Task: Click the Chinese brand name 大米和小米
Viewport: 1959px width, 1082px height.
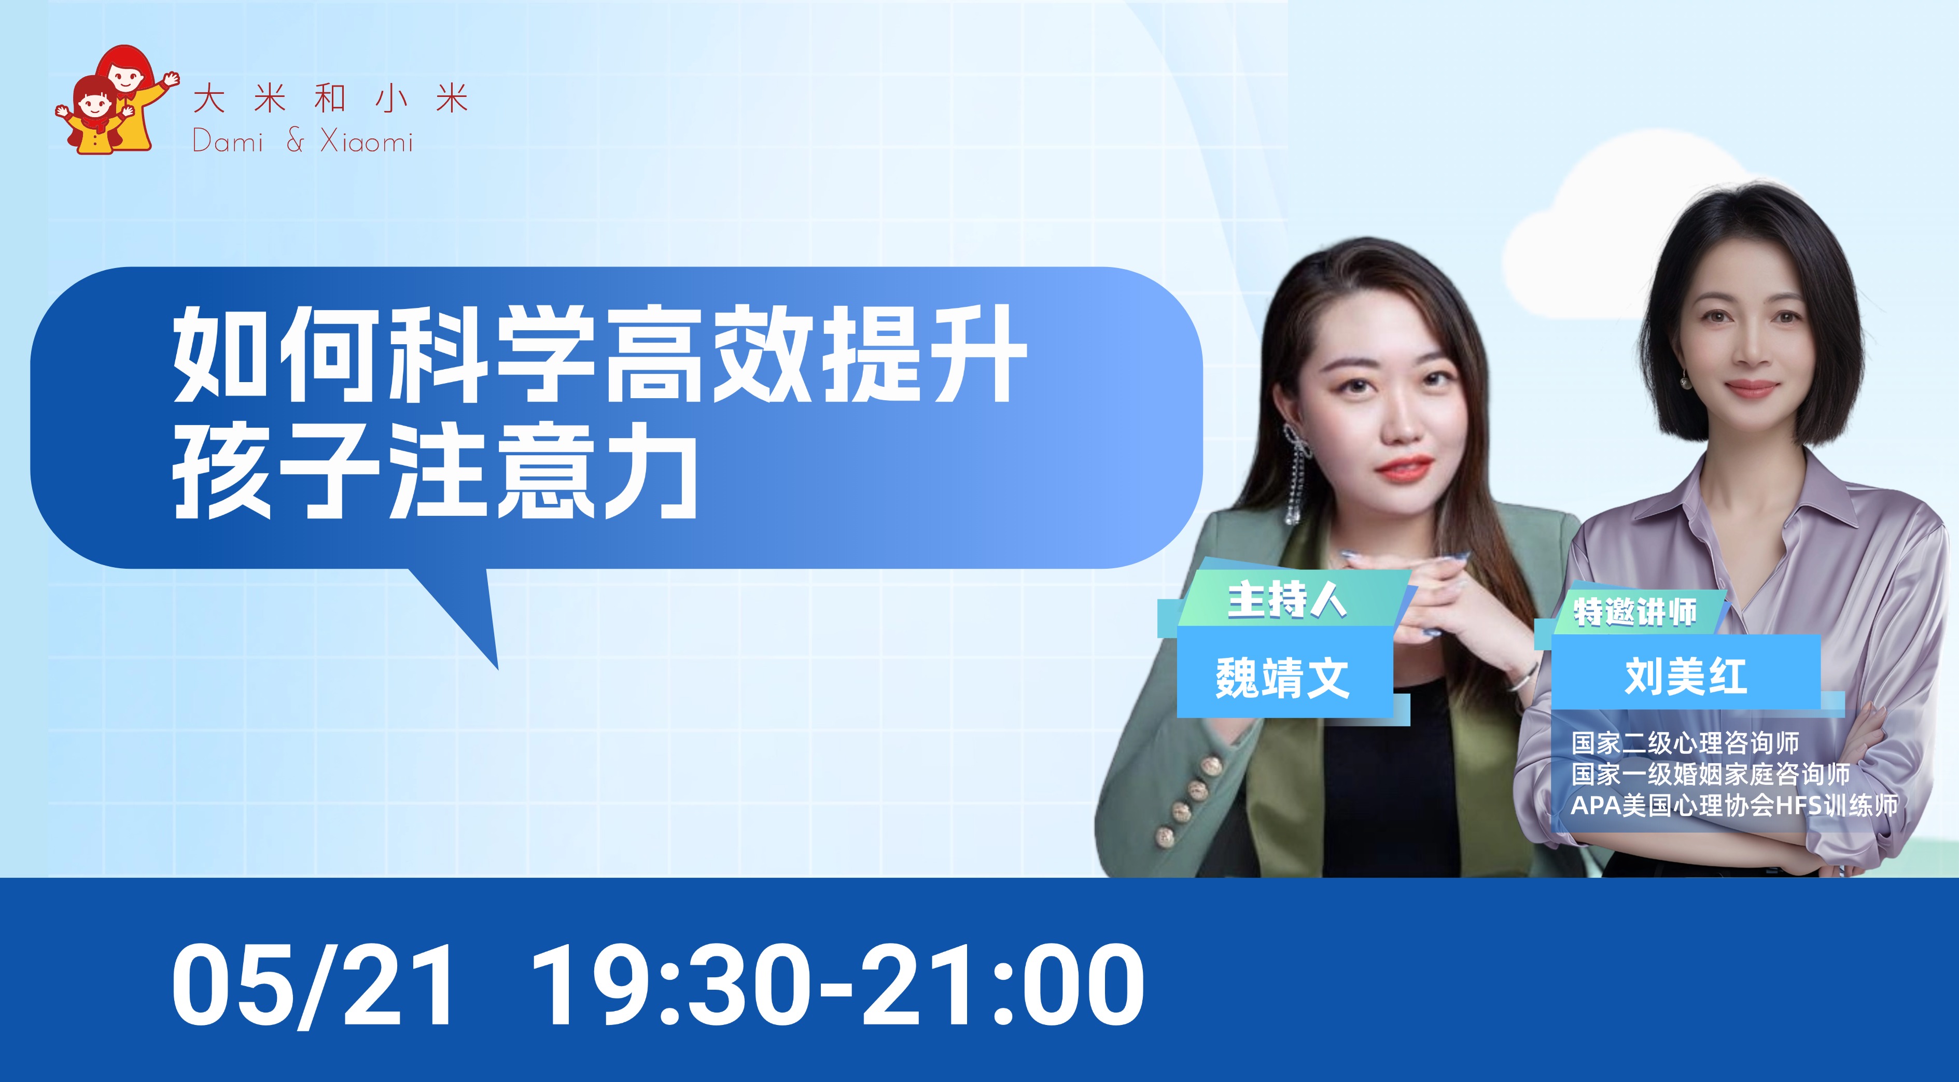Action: point(330,100)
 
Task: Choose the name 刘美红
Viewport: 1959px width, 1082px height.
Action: point(1685,675)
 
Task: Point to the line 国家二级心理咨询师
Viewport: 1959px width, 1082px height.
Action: point(1685,743)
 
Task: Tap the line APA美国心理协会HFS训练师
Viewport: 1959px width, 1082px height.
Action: point(1734,805)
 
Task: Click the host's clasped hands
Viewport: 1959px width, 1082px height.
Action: point(1430,601)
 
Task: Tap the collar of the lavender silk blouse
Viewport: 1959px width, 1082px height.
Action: point(1749,494)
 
